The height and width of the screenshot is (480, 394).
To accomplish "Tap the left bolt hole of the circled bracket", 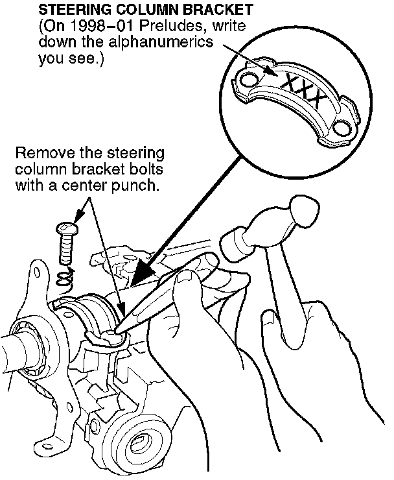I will [248, 80].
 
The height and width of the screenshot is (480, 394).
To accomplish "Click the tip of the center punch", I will [117, 332].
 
